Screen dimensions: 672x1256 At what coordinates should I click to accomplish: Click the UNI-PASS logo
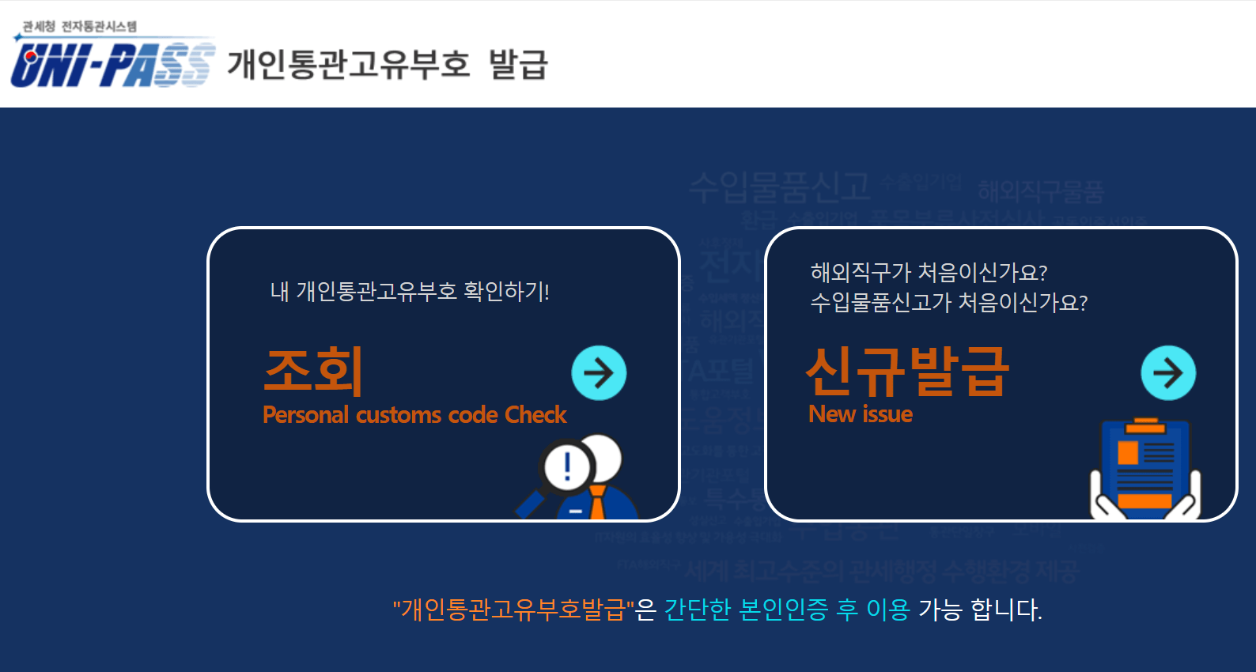pos(112,63)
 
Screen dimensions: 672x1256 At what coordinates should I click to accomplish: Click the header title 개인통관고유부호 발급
pos(387,64)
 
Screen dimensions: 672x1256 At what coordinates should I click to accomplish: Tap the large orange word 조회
pos(313,371)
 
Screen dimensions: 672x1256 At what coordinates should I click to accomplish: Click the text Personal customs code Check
pos(414,415)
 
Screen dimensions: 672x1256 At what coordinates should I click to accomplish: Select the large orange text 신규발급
pos(907,372)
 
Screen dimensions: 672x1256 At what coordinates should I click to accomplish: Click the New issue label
pos(861,414)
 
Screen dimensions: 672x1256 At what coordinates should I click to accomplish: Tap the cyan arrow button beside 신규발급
pos(1167,372)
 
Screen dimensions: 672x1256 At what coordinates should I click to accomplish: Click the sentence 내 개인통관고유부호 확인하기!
pos(410,292)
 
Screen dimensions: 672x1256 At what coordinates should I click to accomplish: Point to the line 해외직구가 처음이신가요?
pos(929,273)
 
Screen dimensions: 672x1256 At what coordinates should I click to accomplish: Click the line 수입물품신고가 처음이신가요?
pos(948,303)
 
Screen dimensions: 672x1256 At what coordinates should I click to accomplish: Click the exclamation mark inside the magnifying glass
pos(567,466)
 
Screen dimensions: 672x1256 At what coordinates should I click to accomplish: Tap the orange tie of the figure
pos(597,503)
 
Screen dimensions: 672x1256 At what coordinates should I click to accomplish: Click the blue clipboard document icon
pos(1145,470)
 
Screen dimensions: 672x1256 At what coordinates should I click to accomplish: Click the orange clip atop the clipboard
pos(1145,426)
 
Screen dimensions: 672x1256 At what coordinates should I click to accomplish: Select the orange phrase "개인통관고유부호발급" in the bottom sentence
pos(513,610)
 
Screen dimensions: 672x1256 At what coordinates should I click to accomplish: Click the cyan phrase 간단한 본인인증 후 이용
pos(787,610)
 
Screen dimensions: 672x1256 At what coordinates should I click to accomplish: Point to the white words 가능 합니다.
pos(980,610)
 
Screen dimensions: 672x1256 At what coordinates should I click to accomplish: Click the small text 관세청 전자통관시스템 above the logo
pos(79,26)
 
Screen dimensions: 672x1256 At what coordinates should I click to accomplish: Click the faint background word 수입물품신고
pos(779,187)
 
